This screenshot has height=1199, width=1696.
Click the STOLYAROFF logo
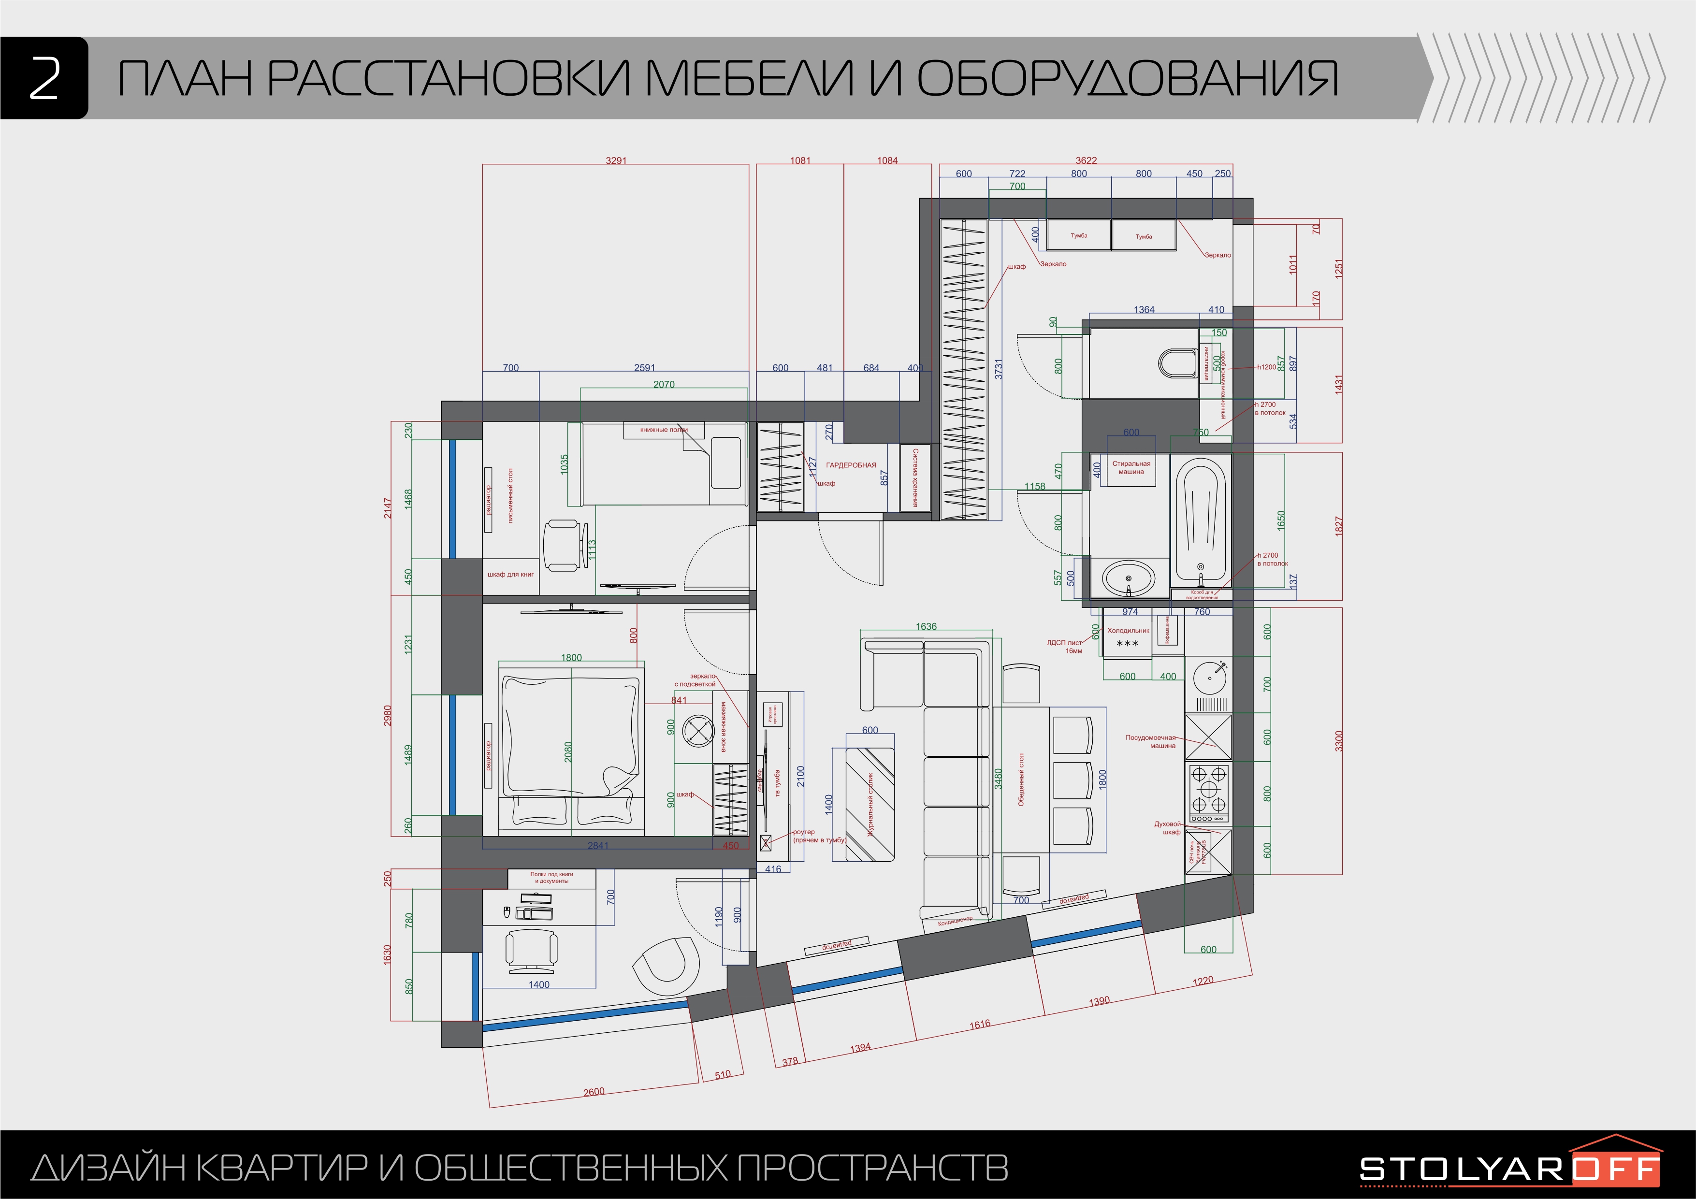pyautogui.click(x=1510, y=1169)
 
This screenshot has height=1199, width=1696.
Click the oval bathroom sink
pyautogui.click(x=1128, y=578)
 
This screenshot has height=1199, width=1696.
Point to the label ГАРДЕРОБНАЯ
pyautogui.click(x=851, y=465)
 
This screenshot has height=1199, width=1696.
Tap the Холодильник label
pyautogui.click(x=1128, y=631)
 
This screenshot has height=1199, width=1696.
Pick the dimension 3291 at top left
pyautogui.click(x=616, y=160)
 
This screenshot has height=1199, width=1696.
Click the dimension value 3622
pyautogui.click(x=1086, y=160)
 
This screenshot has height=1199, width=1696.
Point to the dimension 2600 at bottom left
pyautogui.click(x=594, y=1092)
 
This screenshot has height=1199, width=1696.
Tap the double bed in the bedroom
pyautogui.click(x=569, y=746)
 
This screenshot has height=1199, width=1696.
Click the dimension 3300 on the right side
pyautogui.click(x=1338, y=741)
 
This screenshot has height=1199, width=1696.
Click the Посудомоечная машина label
pyautogui.click(x=1151, y=741)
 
